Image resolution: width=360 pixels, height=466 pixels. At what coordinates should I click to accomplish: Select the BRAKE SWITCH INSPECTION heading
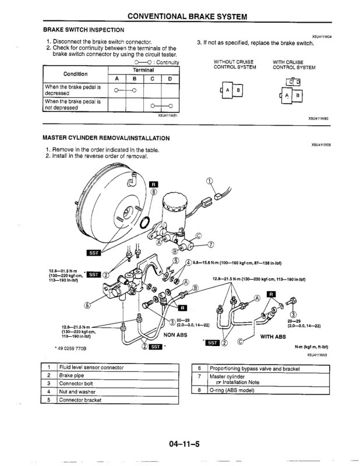[83, 29]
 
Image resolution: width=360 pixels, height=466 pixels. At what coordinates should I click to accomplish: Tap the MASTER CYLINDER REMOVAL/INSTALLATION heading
[106, 139]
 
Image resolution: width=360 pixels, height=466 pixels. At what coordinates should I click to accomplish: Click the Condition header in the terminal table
[75, 74]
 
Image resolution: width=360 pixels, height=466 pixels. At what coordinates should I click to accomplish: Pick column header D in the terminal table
[170, 79]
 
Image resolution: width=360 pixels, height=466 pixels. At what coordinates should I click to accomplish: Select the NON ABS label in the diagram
[177, 336]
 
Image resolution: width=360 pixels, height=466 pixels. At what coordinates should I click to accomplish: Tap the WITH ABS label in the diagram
[273, 336]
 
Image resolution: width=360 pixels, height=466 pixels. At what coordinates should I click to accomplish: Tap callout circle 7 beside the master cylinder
[211, 243]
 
